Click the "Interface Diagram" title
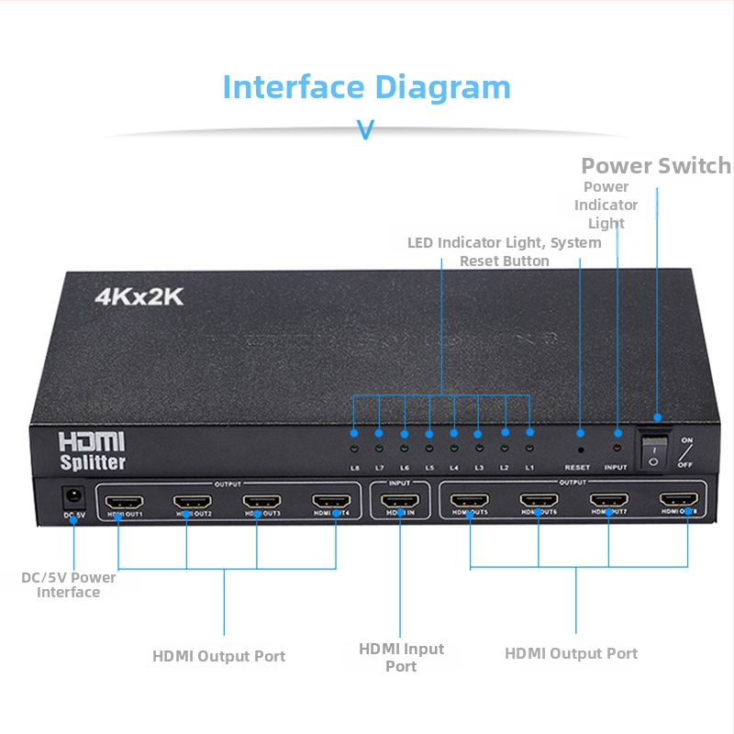366,87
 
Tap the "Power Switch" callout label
656,166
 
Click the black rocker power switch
653,450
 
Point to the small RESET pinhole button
581,450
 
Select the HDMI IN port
400,502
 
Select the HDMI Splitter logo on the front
92,450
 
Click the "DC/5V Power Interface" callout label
69,584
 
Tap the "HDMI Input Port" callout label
401,657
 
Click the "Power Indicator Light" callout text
606,205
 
